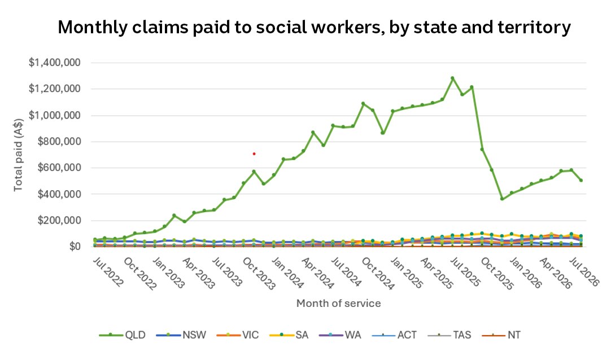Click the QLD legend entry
pos(123,335)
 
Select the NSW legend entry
pos(181,335)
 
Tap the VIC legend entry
pos(238,335)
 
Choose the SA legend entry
pos(289,335)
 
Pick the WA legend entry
pos(340,335)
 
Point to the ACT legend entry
pos(394,335)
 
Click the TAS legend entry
pos(449,335)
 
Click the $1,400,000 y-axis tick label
pos(55,62)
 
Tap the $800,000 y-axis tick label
pos(59,141)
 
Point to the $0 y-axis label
pos(75,247)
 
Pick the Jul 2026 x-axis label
pos(584,271)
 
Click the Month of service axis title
pos(339,303)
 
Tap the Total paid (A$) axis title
pos(18,155)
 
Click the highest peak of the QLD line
pos(452,78)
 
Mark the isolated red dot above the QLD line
pos(254,153)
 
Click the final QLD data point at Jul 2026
pos(581,180)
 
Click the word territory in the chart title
pos(534,28)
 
